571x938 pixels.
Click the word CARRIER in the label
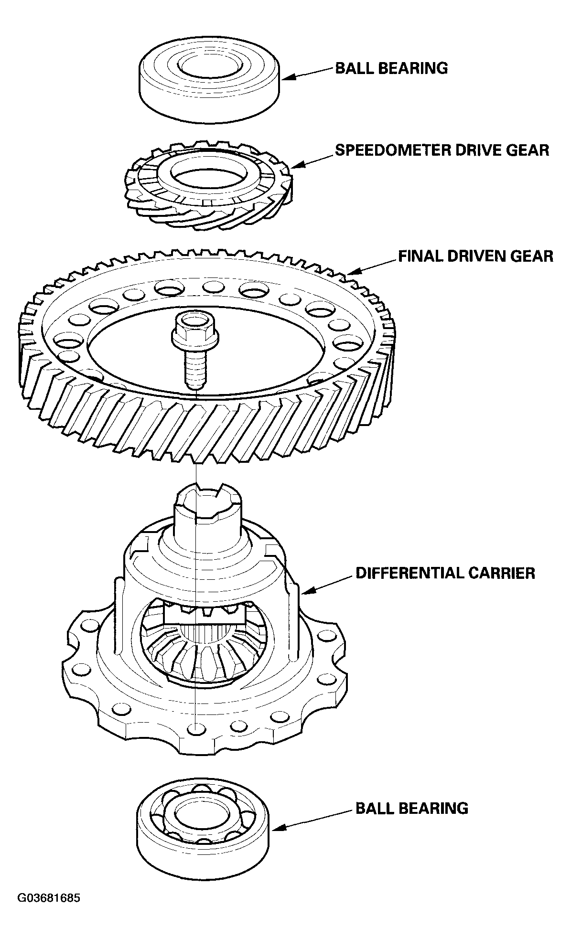[506, 573]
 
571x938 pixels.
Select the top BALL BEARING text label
[391, 68]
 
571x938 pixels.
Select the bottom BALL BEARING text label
[411, 808]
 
